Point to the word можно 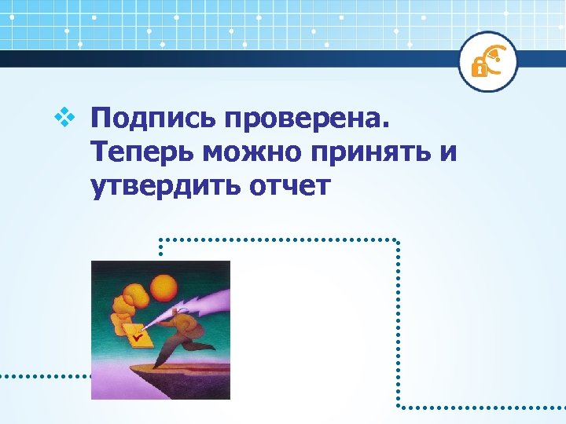pyautogui.click(x=252, y=153)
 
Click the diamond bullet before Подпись pyautogui.click(x=64, y=119)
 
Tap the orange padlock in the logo pyautogui.click(x=478, y=68)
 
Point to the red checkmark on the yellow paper pyautogui.click(x=138, y=336)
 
